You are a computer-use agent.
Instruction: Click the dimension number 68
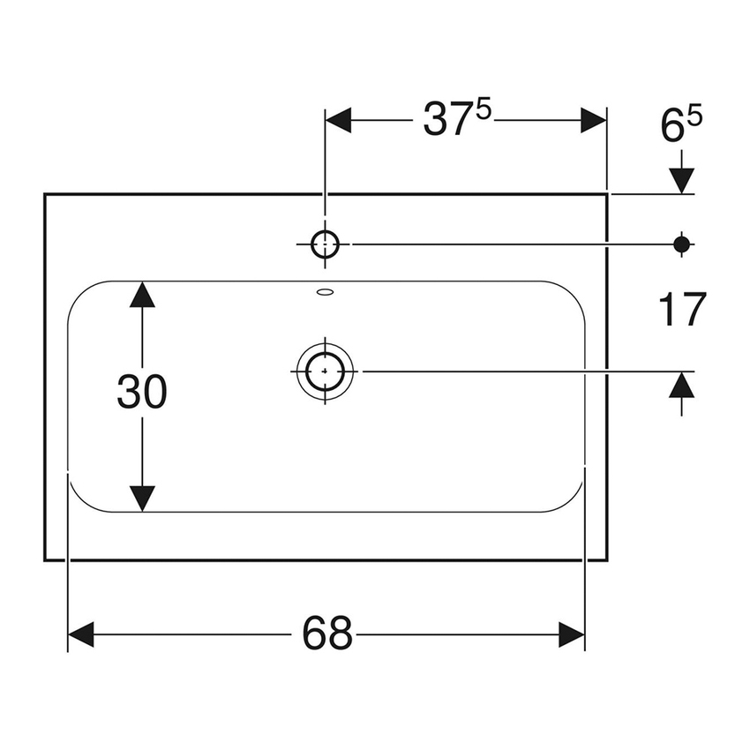point(327,634)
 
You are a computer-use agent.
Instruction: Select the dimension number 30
point(142,393)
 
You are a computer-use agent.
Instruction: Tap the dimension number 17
point(681,310)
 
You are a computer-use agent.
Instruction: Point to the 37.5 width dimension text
point(455,121)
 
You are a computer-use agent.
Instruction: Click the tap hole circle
point(325,243)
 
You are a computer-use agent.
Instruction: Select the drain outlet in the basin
point(325,371)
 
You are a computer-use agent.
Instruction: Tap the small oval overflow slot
point(325,292)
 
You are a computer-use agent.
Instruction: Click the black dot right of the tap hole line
point(681,243)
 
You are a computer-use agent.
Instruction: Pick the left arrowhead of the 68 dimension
point(81,634)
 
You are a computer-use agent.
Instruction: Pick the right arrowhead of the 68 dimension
point(572,634)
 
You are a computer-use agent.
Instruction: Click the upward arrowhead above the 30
point(142,296)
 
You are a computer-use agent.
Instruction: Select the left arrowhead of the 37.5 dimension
point(339,121)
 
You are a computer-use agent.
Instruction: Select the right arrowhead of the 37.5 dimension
point(594,121)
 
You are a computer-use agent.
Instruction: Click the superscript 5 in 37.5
point(484,111)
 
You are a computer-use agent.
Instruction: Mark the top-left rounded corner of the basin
point(81,294)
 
